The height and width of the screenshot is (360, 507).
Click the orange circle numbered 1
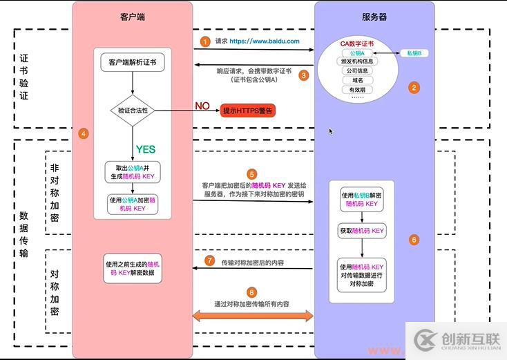[204, 41]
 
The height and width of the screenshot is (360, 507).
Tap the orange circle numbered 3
[303, 75]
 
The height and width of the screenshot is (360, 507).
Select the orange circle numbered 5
[252, 174]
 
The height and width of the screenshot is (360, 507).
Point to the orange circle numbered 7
[210, 260]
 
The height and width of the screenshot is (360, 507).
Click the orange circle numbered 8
[252, 292]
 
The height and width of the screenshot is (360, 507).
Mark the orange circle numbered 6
[414, 240]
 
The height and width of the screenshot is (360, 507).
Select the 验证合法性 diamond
[133, 111]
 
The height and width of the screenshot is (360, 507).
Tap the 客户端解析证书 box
[133, 61]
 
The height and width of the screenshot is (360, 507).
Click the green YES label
[145, 149]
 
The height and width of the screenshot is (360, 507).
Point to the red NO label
[202, 106]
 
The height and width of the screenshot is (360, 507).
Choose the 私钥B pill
[414, 53]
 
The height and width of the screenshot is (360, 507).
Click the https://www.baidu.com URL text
[265, 41]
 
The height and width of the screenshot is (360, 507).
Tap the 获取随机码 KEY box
[362, 231]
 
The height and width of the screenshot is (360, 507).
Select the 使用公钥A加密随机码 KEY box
[133, 204]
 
